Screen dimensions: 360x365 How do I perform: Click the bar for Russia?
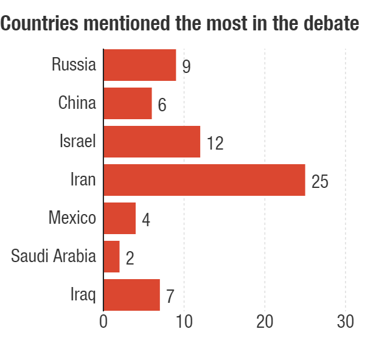(139, 65)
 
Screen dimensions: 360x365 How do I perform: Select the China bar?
(127, 103)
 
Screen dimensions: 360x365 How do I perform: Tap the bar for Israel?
(151, 142)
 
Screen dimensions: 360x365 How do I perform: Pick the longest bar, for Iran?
(204, 180)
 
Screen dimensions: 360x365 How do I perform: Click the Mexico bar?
(119, 218)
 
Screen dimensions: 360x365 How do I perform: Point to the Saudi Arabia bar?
(111, 257)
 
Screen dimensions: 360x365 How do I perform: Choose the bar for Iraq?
(131, 295)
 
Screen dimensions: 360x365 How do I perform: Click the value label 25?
(319, 181)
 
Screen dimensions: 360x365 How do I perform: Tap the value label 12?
(215, 143)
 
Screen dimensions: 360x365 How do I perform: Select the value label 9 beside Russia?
(186, 66)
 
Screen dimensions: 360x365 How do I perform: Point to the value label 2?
(130, 258)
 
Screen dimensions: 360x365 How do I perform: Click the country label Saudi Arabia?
(54, 256)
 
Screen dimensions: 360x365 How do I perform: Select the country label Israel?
(78, 141)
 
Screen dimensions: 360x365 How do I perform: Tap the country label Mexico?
(72, 218)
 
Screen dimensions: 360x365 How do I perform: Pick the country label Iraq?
(83, 296)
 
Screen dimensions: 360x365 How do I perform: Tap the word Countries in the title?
(40, 24)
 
